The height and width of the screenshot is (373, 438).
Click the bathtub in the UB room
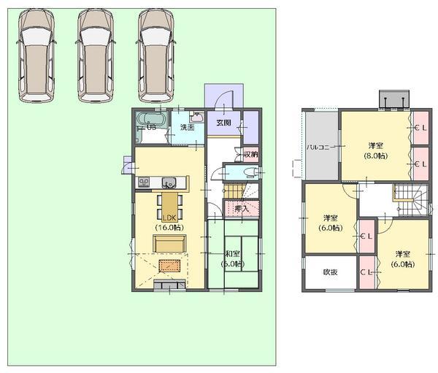pyautogui.click(x=153, y=119)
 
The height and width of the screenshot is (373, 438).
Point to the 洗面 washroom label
pyautogui.click(x=188, y=128)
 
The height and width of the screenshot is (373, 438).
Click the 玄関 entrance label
pyautogui.click(x=223, y=123)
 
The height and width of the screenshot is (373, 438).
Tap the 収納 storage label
pyautogui.click(x=250, y=155)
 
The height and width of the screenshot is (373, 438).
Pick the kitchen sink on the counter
pyautogui.click(x=169, y=182)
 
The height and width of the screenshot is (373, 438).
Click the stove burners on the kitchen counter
pyautogui.click(x=142, y=182)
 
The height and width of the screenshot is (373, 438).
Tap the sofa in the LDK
pyautogui.click(x=169, y=244)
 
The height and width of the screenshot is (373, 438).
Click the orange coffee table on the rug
pyautogui.click(x=169, y=266)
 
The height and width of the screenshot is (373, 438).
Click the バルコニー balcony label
pyautogui.click(x=320, y=146)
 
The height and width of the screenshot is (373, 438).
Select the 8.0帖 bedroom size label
pyautogui.click(x=376, y=155)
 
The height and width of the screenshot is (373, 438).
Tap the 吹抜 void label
pyautogui.click(x=330, y=272)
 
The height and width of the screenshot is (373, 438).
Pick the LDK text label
pyautogui.click(x=169, y=218)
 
